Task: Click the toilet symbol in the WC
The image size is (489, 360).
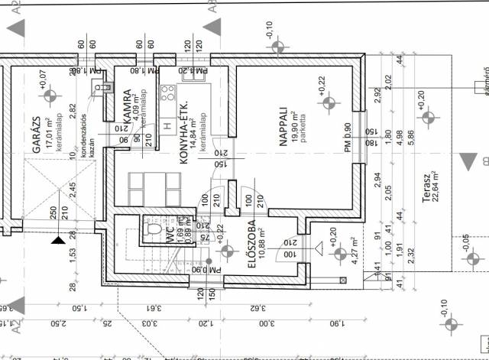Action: (154, 230)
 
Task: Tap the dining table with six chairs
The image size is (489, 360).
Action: (145, 186)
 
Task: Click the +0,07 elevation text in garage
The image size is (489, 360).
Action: (43, 79)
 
